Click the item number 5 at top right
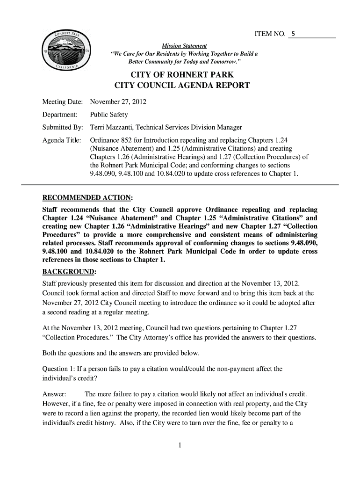(293, 34)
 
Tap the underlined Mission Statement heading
(184, 46)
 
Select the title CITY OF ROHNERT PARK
(182, 75)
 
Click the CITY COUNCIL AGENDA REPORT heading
(182, 86)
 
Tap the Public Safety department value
(109, 115)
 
